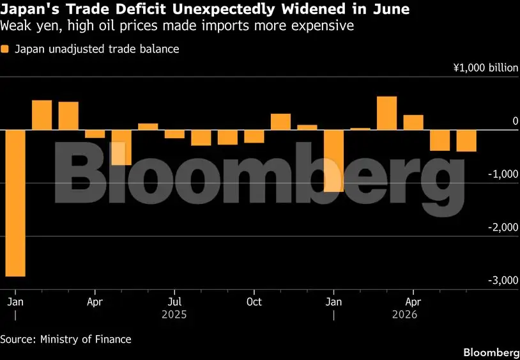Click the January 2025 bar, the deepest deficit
click(15, 203)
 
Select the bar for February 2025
click(42, 115)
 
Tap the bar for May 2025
click(122, 147)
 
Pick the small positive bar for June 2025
click(148, 127)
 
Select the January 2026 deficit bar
click(334, 160)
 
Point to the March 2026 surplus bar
click(387, 113)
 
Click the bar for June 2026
click(466, 141)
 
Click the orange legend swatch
click(4, 49)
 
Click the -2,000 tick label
click(503, 227)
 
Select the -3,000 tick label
click(503, 280)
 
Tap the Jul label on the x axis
click(175, 302)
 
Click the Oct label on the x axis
click(254, 302)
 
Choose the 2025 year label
click(174, 314)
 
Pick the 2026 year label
click(404, 314)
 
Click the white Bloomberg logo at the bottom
click(491, 352)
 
